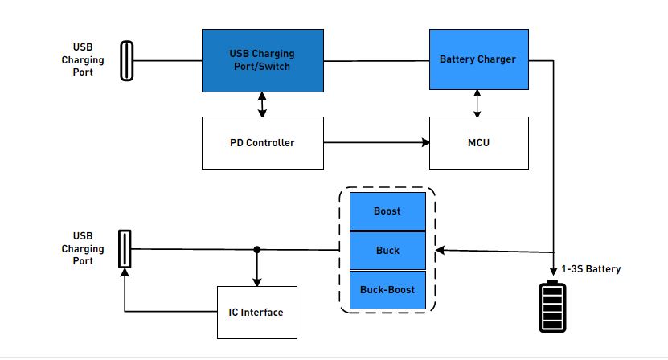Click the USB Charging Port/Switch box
(x=262, y=60)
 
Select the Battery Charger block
(x=479, y=59)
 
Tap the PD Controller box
(x=262, y=143)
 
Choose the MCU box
(x=479, y=143)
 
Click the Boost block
(x=387, y=211)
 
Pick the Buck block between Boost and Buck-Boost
(x=387, y=251)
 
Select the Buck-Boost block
(x=387, y=290)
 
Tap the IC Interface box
(x=257, y=313)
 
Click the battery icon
(x=552, y=306)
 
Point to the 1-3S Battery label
(x=591, y=269)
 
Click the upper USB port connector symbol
(x=126, y=60)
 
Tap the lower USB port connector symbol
(x=125, y=249)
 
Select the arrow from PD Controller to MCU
(x=376, y=142)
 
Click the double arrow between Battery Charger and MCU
(x=477, y=103)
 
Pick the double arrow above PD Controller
(x=262, y=104)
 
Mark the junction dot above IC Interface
(x=257, y=250)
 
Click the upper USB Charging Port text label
(x=83, y=59)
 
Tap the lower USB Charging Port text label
(x=83, y=248)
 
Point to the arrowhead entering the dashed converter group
(x=440, y=250)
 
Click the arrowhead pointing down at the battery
(x=553, y=272)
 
